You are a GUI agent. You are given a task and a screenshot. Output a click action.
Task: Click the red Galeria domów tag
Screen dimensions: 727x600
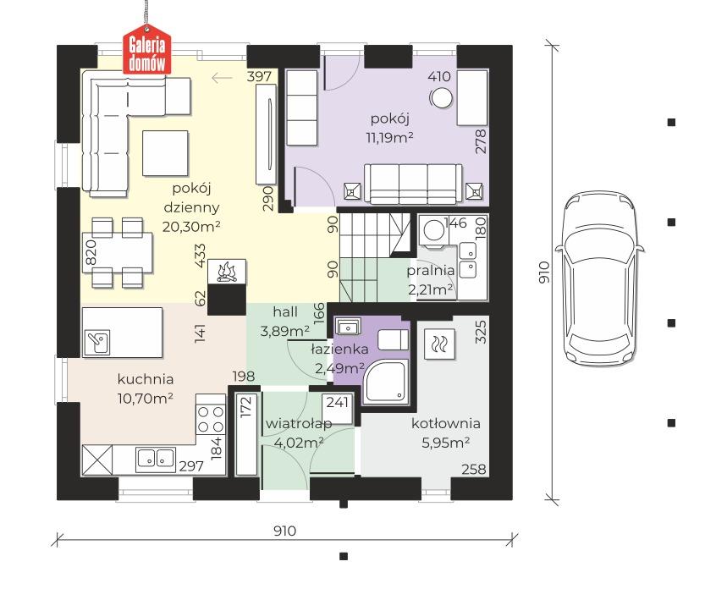coord(146,52)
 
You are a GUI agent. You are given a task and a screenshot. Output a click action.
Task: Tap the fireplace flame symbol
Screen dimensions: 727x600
coord(227,272)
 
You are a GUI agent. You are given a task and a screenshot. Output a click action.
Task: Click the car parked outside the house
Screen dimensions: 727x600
coord(600,278)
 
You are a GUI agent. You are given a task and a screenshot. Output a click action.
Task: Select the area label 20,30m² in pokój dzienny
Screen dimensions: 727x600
coord(191,226)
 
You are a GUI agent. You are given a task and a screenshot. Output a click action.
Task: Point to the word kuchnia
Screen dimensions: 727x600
coord(146,379)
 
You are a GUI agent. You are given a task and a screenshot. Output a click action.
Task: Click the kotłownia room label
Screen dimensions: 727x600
coord(445,423)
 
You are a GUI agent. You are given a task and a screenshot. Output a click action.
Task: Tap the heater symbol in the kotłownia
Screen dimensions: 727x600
coord(439,344)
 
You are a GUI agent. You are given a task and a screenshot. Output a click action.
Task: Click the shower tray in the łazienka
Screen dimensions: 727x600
coord(386,382)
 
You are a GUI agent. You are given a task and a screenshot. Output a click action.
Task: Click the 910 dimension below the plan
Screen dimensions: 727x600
coord(284,531)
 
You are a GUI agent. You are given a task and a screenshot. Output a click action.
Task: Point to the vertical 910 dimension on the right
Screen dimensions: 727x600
coord(544,272)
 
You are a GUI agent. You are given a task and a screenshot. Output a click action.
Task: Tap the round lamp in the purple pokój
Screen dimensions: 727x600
coord(440,98)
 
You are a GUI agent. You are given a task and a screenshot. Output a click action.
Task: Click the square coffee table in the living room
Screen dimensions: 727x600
coord(165,153)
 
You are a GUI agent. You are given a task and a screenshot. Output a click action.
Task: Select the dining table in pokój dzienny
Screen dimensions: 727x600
coord(118,253)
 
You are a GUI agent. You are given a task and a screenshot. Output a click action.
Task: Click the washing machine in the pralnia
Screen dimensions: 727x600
coord(434,229)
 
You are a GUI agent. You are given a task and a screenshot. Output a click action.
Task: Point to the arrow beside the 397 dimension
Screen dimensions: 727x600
coord(222,78)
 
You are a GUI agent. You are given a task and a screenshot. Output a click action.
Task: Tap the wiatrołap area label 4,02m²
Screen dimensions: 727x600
coord(299,443)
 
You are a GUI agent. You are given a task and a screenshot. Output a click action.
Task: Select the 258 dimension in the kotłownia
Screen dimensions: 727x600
coord(474,469)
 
